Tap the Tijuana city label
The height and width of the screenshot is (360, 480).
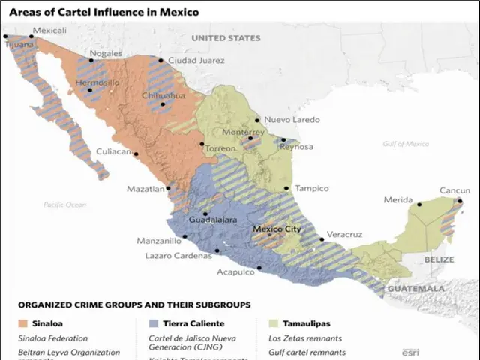(19, 44)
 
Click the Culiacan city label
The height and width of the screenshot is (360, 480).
(113, 151)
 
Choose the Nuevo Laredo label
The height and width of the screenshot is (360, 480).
(288, 120)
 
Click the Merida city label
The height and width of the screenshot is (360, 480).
(398, 200)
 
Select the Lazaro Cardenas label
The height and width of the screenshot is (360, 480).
(178, 256)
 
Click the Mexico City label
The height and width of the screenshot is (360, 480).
(277, 229)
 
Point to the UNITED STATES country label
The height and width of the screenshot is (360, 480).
(226, 38)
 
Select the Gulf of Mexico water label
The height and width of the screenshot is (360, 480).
(405, 144)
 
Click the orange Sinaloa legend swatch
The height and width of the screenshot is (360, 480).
(24, 323)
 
